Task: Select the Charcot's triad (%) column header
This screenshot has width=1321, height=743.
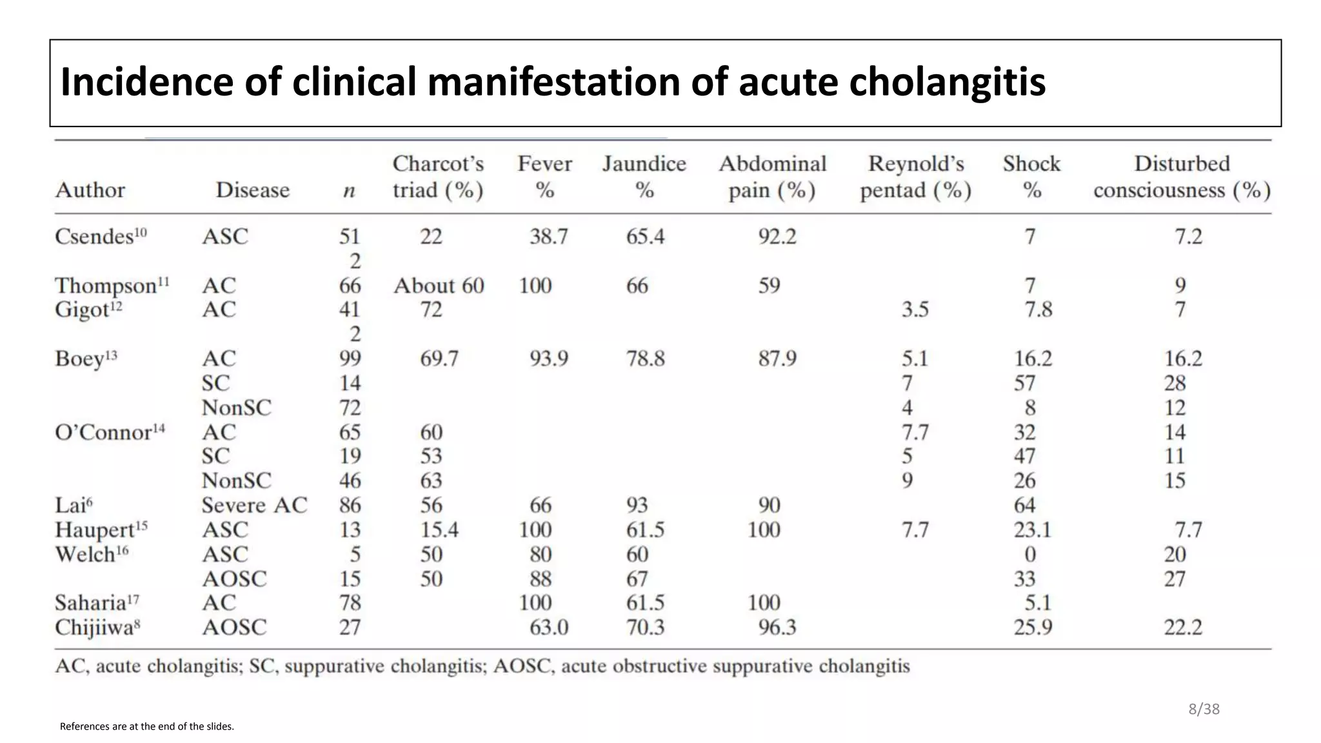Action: click(x=438, y=177)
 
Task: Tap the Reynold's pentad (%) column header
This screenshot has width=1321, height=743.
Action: click(x=915, y=177)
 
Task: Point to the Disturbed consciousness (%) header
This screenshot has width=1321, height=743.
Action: click(x=1182, y=177)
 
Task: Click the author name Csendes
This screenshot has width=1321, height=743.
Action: click(x=94, y=237)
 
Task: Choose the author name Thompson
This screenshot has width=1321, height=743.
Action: click(x=106, y=286)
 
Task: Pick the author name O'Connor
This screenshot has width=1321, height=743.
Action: click(x=103, y=432)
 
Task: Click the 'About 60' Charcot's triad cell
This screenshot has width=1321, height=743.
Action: click(x=439, y=286)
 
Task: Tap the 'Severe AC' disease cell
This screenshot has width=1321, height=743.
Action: click(x=254, y=505)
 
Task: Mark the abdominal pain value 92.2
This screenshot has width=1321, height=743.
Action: click(x=777, y=237)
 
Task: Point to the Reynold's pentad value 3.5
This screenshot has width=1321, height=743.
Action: click(x=915, y=310)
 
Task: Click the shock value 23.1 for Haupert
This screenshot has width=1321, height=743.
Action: click(x=1032, y=530)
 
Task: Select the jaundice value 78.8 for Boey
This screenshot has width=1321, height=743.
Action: click(x=645, y=359)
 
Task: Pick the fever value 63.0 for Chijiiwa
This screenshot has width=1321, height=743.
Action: click(x=549, y=628)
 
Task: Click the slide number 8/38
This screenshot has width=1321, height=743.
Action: click(x=1204, y=709)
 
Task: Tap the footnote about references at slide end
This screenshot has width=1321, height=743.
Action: click(x=147, y=726)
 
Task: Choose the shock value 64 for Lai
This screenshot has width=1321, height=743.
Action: click(x=1024, y=505)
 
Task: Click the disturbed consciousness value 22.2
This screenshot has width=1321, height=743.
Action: click(x=1183, y=628)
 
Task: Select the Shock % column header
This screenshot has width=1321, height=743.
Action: click(x=1031, y=177)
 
